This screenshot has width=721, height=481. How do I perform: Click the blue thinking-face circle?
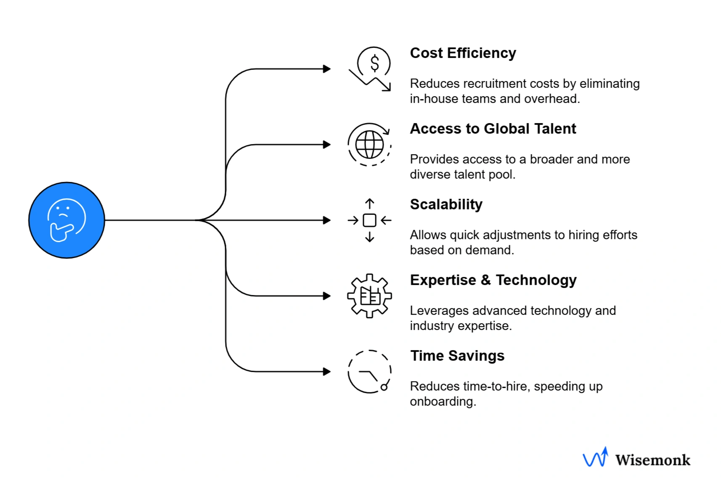tap(66, 220)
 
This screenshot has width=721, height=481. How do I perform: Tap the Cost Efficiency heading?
tap(463, 53)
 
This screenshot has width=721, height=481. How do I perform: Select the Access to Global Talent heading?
tap(493, 129)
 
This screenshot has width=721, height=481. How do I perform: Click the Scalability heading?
tap(446, 204)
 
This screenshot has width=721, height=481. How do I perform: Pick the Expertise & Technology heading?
tap(493, 280)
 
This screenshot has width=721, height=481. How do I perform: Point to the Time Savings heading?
tap(457, 356)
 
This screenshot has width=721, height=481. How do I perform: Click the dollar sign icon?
tap(374, 63)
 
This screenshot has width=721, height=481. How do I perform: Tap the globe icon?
tap(369, 145)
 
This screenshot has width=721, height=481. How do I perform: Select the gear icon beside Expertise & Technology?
tap(369, 296)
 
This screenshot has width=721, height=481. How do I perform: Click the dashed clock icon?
tap(369, 372)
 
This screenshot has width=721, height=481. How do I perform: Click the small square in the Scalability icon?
tap(369, 220)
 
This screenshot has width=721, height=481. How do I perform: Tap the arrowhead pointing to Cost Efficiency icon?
tap(327, 69)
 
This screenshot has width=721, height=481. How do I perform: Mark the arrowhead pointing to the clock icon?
tap(327, 372)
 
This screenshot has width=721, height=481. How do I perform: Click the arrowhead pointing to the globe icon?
tap(327, 145)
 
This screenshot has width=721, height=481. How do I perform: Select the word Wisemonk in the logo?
tap(652, 460)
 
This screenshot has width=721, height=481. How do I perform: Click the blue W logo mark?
tap(595, 457)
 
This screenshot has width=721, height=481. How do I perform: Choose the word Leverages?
tap(439, 311)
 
